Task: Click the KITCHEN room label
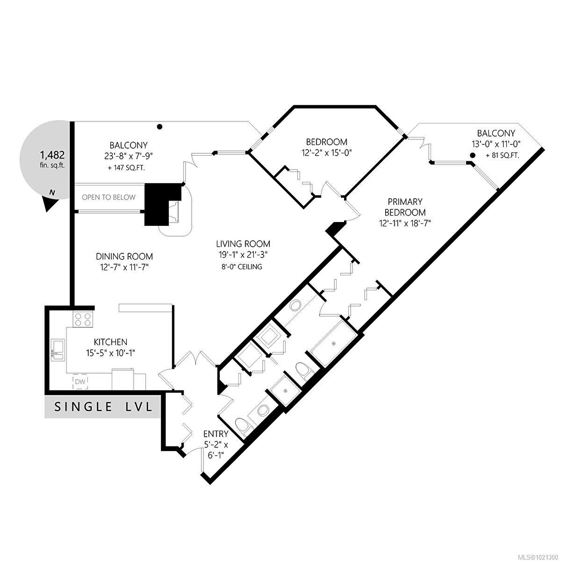tap(110, 342)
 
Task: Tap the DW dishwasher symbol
tap(80, 382)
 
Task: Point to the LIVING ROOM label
tap(243, 244)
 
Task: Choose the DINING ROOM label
tap(124, 256)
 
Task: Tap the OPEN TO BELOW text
tap(108, 197)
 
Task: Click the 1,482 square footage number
tap(52, 155)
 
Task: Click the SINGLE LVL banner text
tap(104, 407)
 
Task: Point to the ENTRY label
tap(216, 434)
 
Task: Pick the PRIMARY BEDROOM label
tap(405, 207)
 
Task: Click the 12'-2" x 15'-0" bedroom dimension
tap(327, 152)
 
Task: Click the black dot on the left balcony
tap(159, 127)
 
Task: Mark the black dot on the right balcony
tap(473, 155)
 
